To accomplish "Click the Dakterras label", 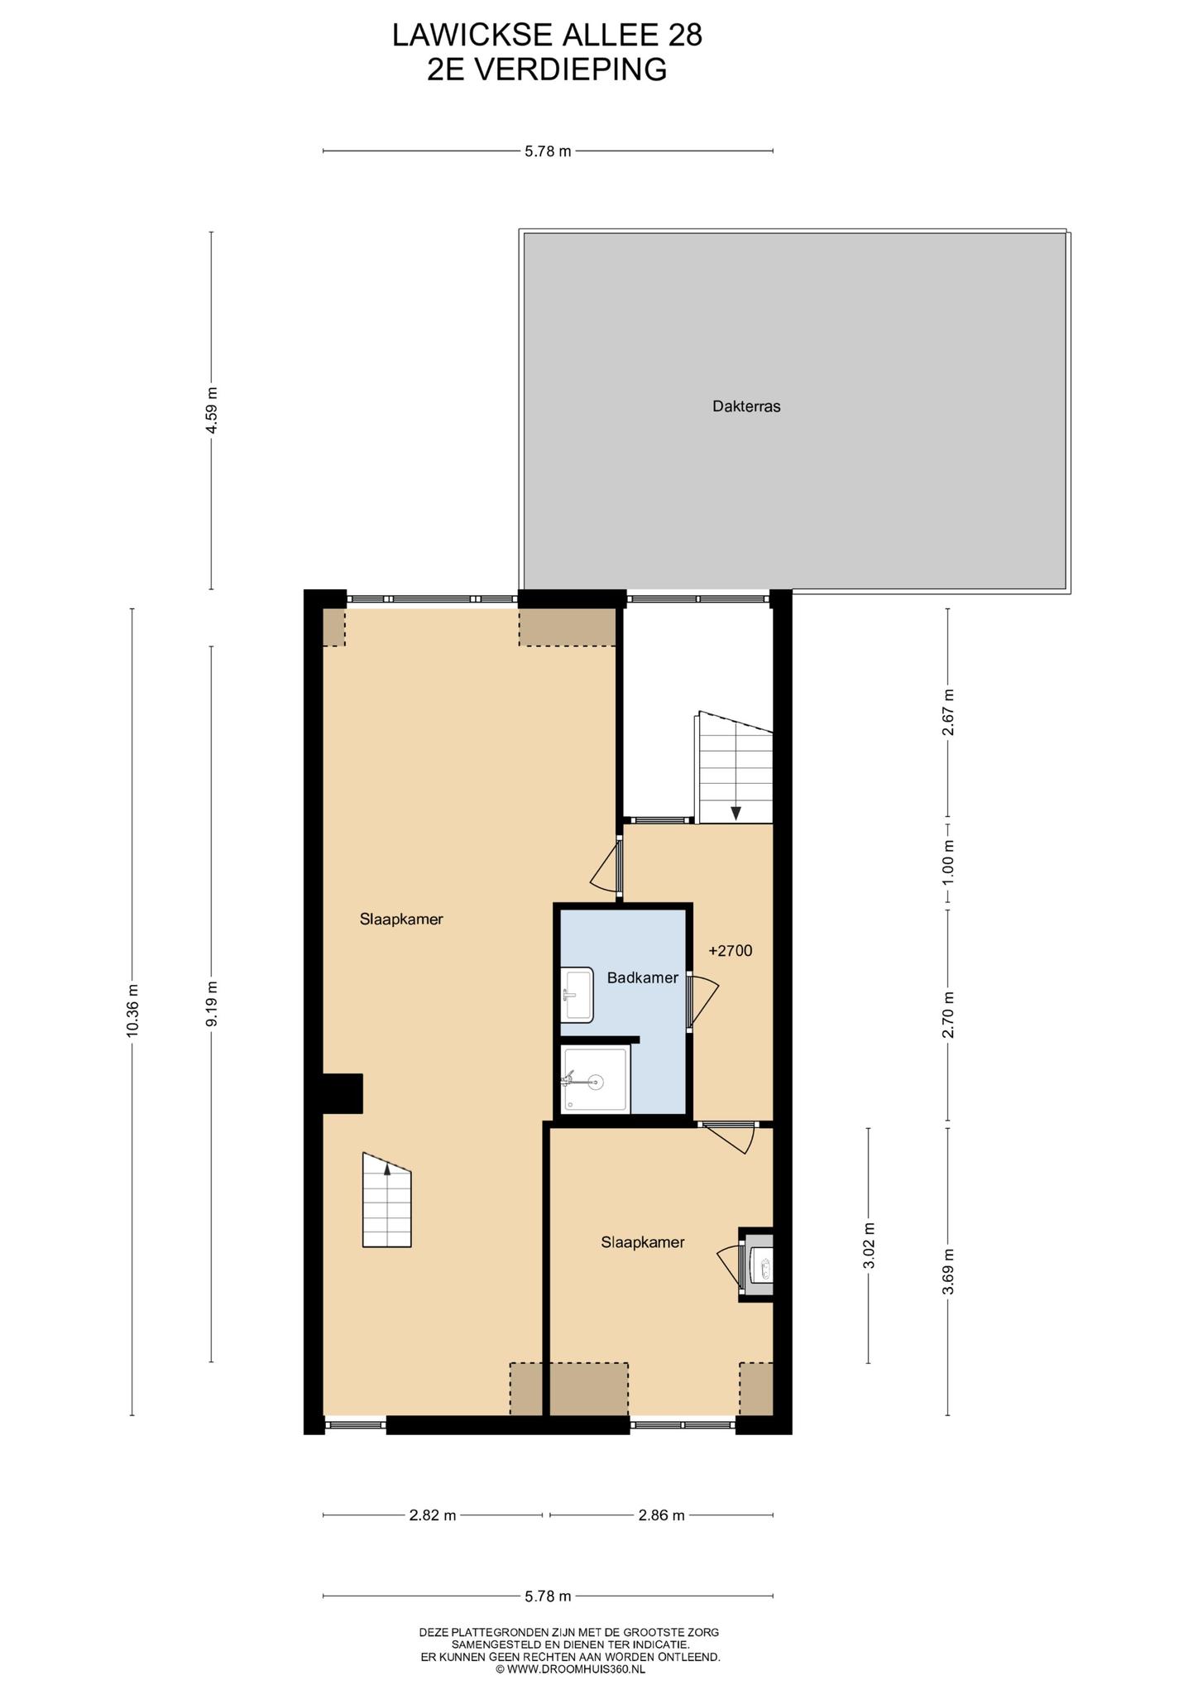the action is point(746,406).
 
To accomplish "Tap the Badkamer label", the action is point(642,977).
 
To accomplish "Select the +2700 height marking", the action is point(731,951).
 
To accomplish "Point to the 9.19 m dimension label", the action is point(212,1004).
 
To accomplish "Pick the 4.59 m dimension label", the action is point(212,411).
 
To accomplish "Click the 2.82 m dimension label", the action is point(433,1515).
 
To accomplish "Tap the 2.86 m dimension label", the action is point(662,1515).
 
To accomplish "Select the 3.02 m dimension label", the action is point(869,1244).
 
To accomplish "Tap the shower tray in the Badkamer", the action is point(595,1079).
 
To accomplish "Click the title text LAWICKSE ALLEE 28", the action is point(547,36).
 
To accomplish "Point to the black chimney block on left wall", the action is point(343,1093).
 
